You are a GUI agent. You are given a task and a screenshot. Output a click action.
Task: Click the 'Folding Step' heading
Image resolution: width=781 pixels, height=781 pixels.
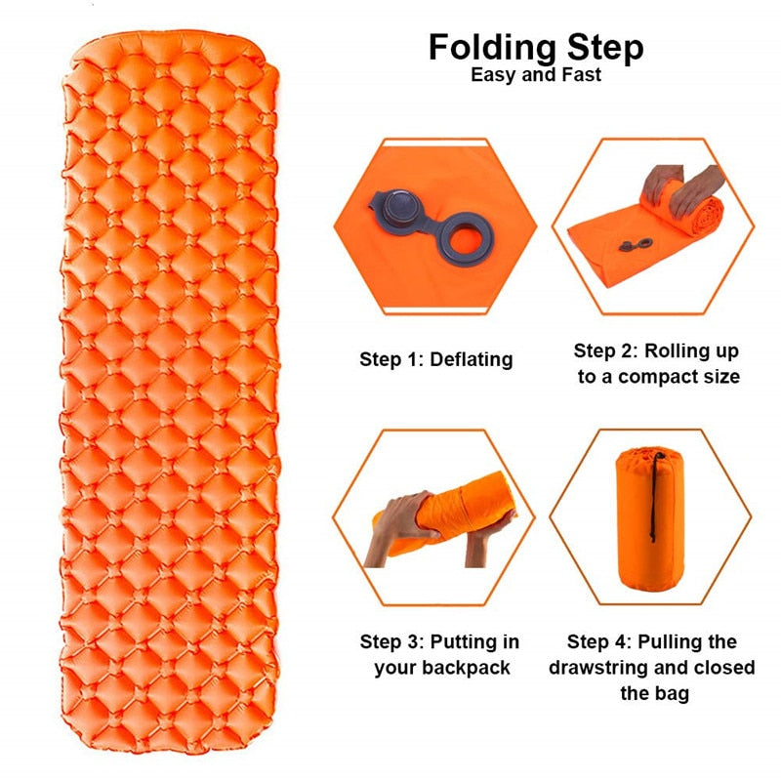536,48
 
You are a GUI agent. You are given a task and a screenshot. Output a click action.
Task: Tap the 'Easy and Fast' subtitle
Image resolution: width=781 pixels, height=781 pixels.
536,75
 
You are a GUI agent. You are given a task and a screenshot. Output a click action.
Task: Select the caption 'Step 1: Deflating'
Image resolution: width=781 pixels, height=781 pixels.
435,359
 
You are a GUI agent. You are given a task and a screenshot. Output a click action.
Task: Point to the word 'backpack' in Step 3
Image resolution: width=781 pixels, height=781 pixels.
468,668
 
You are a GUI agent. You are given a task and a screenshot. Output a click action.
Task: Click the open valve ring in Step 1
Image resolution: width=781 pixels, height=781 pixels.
467,239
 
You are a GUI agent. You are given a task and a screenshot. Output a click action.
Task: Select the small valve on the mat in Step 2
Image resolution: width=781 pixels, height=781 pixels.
636,245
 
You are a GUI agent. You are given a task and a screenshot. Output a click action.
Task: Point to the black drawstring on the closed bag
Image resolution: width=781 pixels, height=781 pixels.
653,497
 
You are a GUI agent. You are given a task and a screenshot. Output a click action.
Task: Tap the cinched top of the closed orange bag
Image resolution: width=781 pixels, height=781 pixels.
648,455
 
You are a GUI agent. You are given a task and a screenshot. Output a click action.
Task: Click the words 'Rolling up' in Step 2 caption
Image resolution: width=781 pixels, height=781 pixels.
691,351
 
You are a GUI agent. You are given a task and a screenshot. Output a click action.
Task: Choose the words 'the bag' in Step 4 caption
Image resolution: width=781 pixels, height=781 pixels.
654,693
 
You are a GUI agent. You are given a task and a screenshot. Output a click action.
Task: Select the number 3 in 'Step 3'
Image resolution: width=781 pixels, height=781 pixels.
413,641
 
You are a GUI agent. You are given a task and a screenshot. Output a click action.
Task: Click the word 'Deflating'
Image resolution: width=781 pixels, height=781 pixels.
472,359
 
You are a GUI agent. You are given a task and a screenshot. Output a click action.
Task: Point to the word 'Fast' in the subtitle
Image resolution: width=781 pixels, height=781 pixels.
581,75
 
